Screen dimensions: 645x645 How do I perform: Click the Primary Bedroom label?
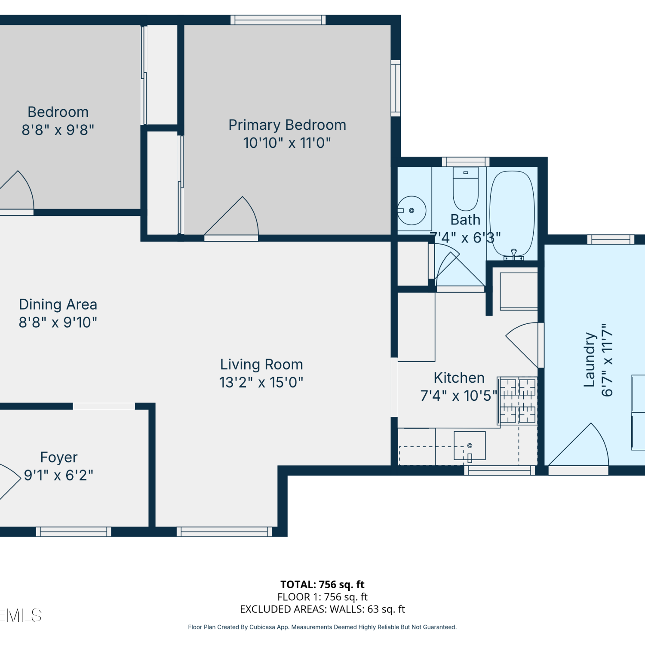pos(287,125)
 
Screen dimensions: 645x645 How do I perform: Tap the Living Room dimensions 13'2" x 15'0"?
pos(261,382)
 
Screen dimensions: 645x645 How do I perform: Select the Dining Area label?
pos(58,304)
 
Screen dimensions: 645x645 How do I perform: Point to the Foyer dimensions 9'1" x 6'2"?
pos(58,475)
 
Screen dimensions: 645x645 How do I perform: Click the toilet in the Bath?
pos(466,189)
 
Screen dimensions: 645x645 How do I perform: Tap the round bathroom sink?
pos(412,210)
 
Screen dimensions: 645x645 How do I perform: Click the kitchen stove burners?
pos(518,400)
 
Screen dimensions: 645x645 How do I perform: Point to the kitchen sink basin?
pos(470,446)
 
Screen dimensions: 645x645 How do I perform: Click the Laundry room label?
pos(589,359)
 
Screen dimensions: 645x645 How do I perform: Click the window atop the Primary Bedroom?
pos(278,20)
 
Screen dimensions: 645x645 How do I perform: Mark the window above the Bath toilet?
pos(466,162)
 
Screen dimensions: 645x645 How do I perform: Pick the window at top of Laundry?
pos(611,240)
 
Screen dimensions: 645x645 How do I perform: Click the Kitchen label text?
pos(459,378)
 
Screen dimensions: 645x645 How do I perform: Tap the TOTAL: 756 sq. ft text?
pos(322,585)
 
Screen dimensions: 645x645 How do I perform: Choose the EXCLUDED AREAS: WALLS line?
pos(322,609)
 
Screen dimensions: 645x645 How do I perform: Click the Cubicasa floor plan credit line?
pos(322,627)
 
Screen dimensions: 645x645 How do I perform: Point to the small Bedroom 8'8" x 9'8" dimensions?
pos(58,130)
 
